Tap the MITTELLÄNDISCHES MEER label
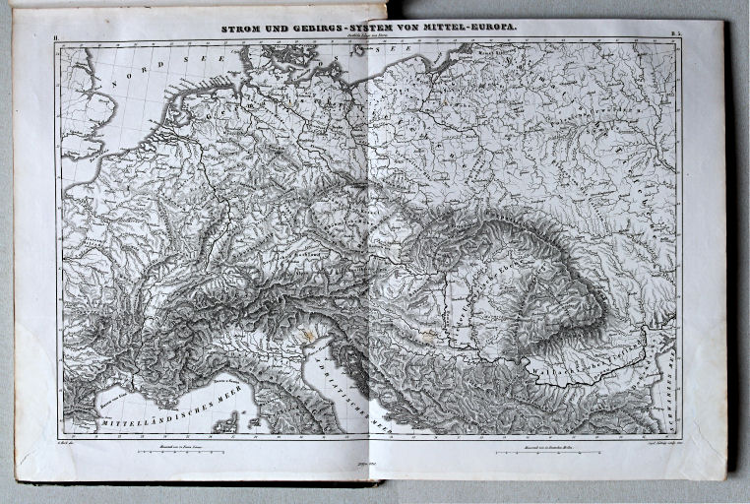167,417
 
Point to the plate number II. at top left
57,36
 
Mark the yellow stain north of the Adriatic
313,336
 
